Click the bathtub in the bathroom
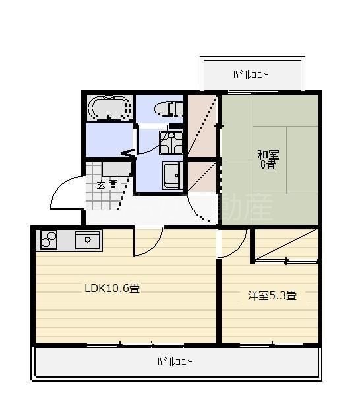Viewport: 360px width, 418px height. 109,107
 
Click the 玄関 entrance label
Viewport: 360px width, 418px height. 107,185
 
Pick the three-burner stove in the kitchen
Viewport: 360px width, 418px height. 49,240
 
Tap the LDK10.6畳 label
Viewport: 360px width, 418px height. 111,288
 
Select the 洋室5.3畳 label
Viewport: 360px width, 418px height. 272,295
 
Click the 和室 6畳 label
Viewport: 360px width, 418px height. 268,160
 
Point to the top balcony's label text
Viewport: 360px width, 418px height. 251,75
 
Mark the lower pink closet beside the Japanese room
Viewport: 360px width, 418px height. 202,177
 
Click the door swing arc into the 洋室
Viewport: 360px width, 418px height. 232,245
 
